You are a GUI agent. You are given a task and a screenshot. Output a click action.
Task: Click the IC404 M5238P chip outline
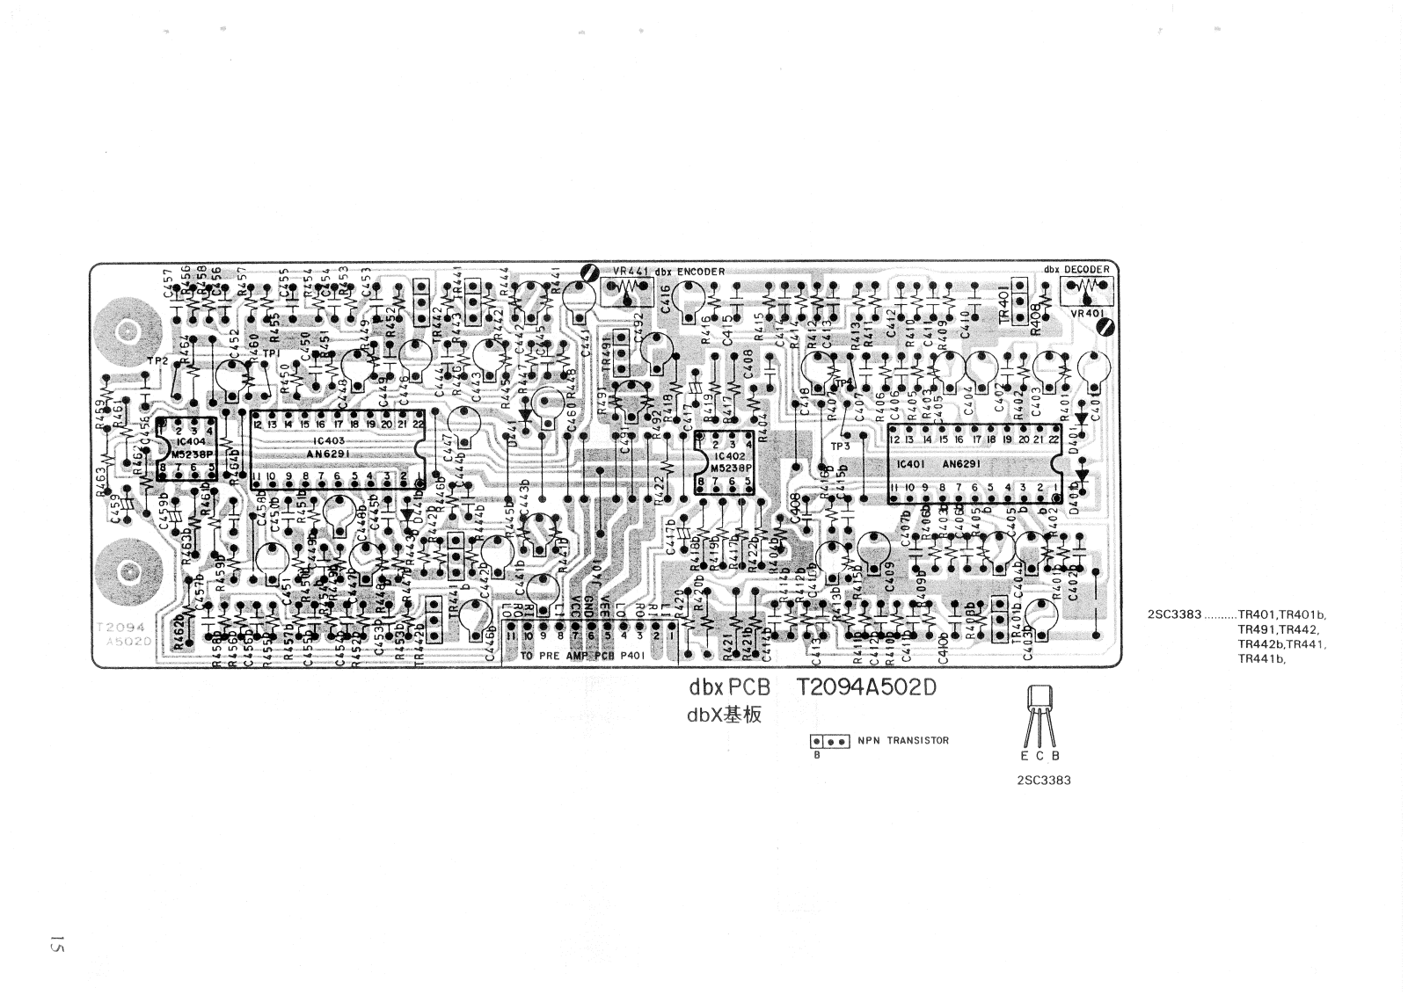tap(186, 448)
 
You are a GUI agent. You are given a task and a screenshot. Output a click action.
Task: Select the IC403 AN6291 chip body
tap(339, 447)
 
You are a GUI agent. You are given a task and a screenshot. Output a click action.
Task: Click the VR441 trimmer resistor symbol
tap(625, 288)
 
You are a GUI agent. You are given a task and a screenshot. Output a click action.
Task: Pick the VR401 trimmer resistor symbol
tap(1088, 287)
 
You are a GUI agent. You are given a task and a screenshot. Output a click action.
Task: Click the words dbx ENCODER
tap(689, 272)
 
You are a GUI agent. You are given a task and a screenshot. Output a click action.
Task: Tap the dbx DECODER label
tap(1076, 269)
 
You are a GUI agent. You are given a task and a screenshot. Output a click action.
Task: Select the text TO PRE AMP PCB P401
tap(583, 657)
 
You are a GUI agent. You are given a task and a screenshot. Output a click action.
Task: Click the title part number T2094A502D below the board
tap(866, 689)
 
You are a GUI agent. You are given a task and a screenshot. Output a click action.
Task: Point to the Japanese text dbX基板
tap(724, 715)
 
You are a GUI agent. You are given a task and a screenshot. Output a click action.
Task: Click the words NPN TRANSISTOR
tap(903, 740)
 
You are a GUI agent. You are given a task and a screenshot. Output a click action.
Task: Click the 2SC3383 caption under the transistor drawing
tap(1042, 781)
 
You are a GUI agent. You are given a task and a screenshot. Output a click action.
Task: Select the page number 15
tap(57, 946)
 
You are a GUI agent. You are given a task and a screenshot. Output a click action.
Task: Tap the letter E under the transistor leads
tap(1025, 756)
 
